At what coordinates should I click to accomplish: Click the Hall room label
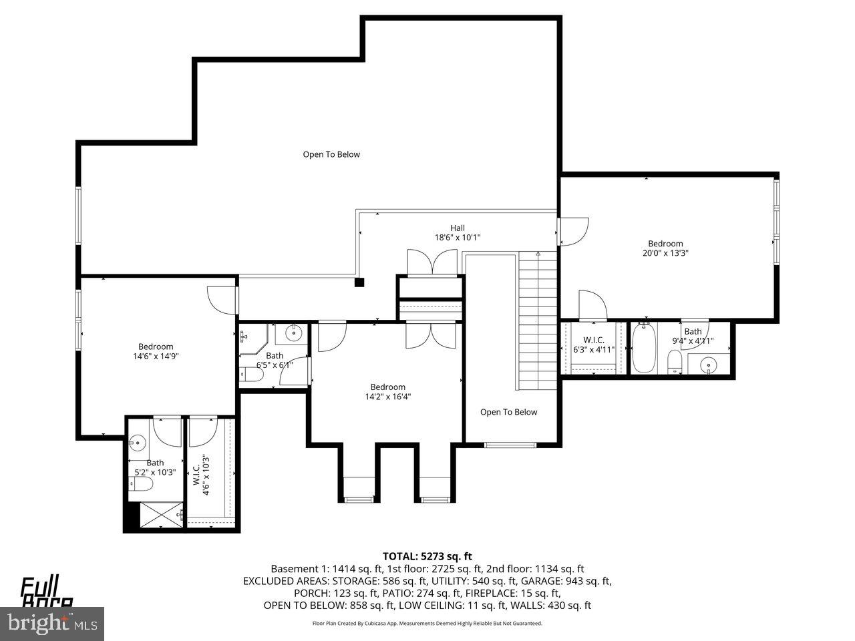457,228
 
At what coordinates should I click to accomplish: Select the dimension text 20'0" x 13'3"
665,253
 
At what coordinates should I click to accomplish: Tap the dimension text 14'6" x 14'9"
156,356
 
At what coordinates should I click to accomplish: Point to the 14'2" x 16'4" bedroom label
387,392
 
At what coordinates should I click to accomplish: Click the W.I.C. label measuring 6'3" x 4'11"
593,345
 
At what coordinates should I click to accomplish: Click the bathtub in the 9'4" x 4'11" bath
644,347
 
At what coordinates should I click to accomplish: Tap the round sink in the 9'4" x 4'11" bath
709,365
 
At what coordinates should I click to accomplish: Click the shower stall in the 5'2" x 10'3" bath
158,515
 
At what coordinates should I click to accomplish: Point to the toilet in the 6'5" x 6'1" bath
254,376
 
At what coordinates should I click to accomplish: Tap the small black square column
359,282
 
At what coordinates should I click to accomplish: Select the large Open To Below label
331,154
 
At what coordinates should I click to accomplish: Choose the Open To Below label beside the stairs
508,412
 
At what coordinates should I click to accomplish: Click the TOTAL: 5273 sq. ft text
427,556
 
